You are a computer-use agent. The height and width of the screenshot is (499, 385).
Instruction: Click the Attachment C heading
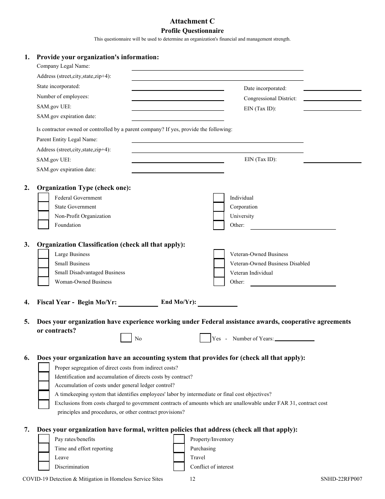192,22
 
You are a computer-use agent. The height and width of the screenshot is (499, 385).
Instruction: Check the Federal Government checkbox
43,198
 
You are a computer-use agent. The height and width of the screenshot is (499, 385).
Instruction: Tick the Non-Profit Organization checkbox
43,216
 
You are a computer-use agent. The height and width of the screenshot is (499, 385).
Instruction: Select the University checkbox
218,216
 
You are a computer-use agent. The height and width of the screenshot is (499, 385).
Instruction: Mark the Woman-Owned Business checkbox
43,282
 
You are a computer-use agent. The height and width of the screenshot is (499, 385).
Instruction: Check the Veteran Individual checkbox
218,273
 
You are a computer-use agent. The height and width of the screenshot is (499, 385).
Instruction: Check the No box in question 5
126,338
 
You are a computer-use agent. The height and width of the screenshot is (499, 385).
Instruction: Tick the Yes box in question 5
205,338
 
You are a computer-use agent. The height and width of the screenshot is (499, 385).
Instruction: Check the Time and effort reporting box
43,448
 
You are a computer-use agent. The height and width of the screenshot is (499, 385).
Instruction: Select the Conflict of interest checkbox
179,467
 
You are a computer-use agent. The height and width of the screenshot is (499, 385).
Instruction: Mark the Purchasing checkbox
179,448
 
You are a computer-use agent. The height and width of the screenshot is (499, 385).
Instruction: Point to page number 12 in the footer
192,479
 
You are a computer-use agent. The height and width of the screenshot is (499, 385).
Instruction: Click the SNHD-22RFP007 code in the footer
341,479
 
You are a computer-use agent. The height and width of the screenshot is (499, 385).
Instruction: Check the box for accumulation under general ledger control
43,385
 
